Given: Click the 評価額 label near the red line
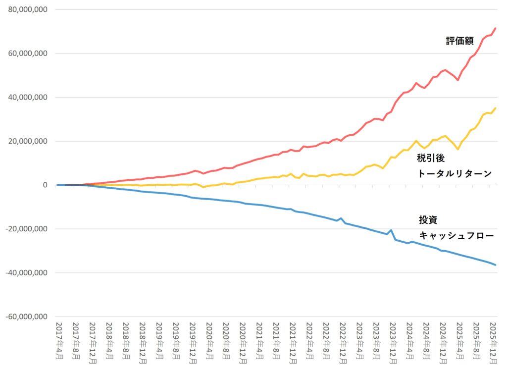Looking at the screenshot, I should [460, 41].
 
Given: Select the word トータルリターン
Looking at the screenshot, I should [455, 173].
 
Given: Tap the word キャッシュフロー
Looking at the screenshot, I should [456, 236].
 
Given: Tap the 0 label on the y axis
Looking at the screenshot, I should [45, 185].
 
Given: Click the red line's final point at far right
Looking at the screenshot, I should [496, 28].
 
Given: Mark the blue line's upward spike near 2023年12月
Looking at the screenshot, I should [391, 230].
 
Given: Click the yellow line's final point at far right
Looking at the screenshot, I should [496, 108].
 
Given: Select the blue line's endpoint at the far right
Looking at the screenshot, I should [496, 265].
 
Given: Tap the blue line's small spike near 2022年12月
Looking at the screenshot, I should [341, 218].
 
